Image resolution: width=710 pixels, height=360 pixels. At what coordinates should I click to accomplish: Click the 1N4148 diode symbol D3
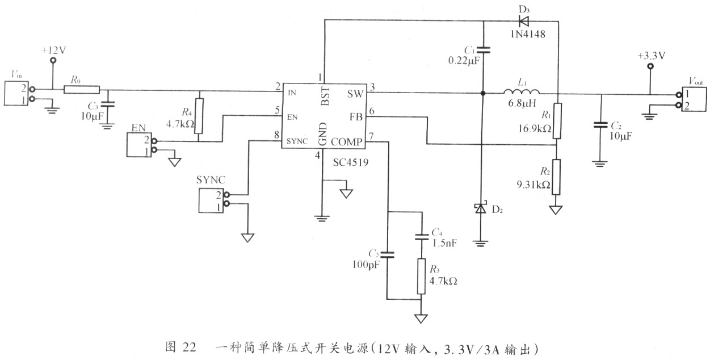[524, 21]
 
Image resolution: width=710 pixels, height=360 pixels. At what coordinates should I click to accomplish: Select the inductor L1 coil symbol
[521, 91]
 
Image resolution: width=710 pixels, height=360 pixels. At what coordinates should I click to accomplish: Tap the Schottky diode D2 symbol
[481, 208]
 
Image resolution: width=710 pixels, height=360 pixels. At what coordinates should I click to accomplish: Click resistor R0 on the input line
[82, 90]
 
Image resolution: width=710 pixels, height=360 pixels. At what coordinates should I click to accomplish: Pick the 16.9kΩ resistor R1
[557, 121]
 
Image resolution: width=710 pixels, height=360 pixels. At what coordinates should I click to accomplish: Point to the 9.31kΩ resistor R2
[556, 177]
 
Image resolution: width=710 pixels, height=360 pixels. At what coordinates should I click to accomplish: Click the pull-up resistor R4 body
[199, 116]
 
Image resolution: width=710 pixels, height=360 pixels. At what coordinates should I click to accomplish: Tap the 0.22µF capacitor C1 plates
[483, 50]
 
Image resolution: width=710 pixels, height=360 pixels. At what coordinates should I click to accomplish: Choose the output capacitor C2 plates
[600, 125]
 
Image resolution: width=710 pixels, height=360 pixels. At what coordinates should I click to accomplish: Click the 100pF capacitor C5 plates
[387, 255]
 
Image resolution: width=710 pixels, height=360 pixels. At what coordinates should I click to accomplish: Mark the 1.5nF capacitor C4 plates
[422, 237]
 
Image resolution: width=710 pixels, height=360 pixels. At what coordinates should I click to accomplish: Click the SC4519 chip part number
[351, 162]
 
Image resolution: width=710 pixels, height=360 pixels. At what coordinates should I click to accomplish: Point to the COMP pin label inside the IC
[346, 142]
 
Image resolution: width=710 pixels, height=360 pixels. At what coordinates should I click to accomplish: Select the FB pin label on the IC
[356, 117]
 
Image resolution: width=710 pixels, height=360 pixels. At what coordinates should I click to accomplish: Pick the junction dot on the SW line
[483, 93]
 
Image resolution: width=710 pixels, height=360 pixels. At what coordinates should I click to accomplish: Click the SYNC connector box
[211, 200]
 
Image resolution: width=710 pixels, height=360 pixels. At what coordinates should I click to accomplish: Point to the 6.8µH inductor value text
[522, 103]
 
